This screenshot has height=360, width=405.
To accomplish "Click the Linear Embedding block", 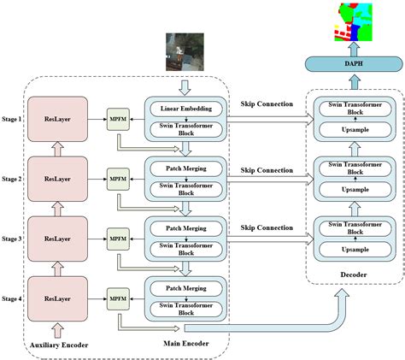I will tap(187, 109).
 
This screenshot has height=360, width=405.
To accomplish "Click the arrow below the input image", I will tap(186, 85).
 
